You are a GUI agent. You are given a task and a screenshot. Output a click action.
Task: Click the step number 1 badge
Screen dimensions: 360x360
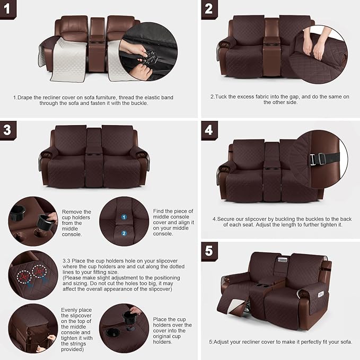pyautogui.click(x=8, y=8)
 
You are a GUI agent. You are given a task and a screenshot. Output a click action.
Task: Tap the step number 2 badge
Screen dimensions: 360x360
pyautogui.click(x=209, y=9)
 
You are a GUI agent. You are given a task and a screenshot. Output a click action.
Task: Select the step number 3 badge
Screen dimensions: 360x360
pyautogui.click(x=8, y=130)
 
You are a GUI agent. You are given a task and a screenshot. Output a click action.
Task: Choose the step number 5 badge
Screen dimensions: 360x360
pyautogui.click(x=209, y=250)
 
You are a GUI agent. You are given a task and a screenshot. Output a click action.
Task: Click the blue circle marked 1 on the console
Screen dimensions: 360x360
pyautogui.click(x=124, y=217)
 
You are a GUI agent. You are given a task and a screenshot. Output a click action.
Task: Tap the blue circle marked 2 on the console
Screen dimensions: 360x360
pyautogui.click(x=124, y=233)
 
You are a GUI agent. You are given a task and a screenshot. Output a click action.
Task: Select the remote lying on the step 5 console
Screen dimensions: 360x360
pyautogui.click(x=280, y=260)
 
